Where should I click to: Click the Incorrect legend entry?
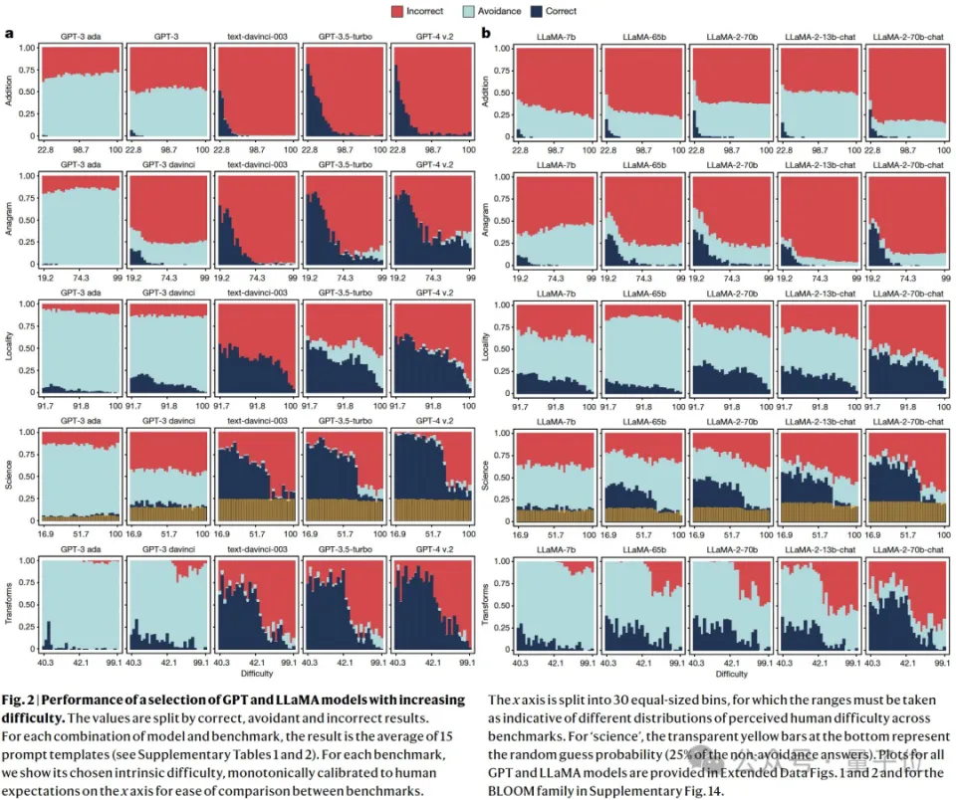click(420, 11)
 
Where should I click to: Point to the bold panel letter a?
click(10, 33)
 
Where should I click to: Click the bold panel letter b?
click(486, 33)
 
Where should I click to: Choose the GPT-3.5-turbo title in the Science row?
click(341, 421)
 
